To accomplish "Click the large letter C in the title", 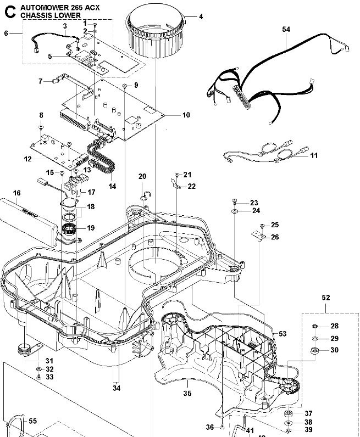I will (x=9, y=11).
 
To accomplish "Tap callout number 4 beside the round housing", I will (x=201, y=16).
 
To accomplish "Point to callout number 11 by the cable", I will (x=314, y=156).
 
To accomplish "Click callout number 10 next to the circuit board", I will (x=186, y=115).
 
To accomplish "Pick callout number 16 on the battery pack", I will (x=16, y=193).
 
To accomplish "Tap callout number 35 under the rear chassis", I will (x=187, y=393).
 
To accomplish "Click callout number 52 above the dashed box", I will (x=325, y=298).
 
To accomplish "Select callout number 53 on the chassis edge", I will (x=283, y=334).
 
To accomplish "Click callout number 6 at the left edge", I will (x=6, y=33).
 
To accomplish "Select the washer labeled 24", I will (x=235, y=210).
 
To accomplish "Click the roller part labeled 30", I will (x=316, y=351).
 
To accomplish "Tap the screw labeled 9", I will (x=126, y=86).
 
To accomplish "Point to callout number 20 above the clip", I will (x=142, y=176).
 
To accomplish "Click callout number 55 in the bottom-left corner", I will (x=32, y=421).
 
